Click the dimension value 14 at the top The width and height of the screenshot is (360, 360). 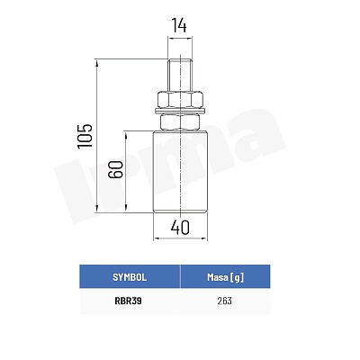179,25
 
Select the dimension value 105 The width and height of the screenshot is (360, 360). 85,136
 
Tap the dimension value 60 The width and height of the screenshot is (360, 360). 116,169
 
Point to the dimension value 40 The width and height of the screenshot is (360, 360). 180,228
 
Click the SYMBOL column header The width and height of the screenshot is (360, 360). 130,277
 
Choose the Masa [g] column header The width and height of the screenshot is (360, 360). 225,277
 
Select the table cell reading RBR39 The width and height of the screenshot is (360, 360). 128,301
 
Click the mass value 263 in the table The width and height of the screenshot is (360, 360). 225,301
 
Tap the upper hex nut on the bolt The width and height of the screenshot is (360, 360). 180,99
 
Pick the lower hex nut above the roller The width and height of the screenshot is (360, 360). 180,122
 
